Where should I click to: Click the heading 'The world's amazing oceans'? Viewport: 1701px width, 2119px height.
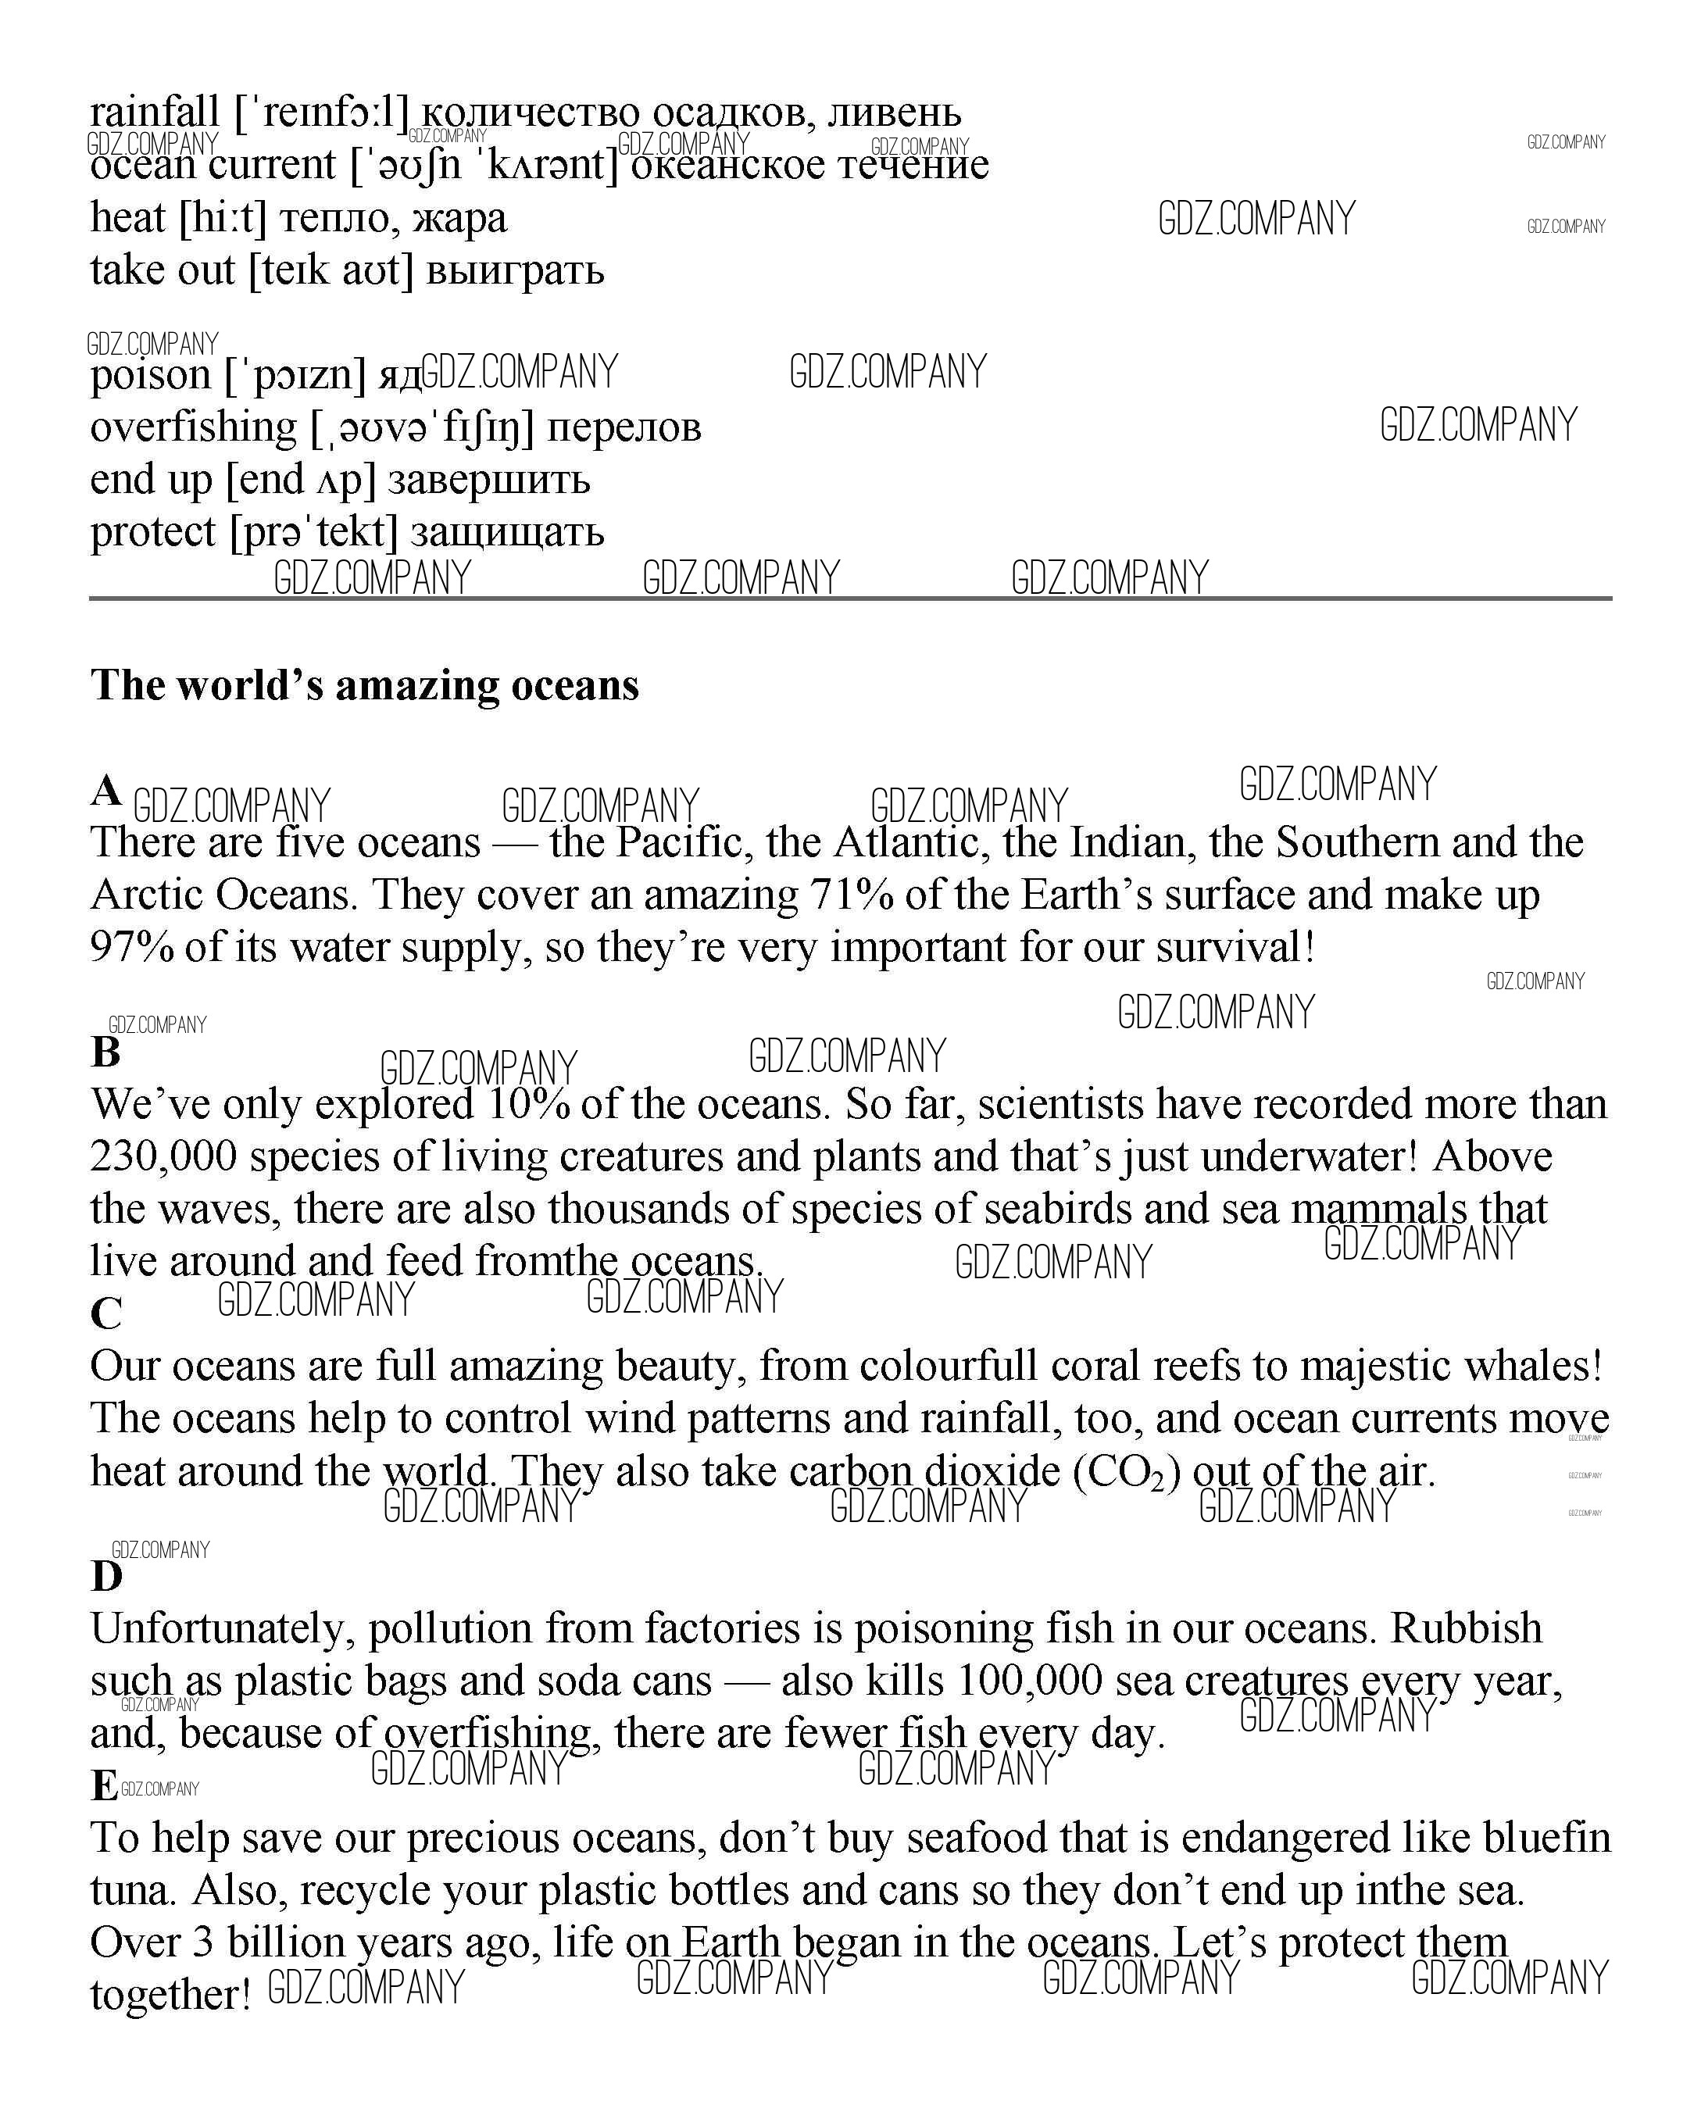click(x=365, y=685)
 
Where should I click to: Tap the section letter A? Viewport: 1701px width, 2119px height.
click(x=105, y=790)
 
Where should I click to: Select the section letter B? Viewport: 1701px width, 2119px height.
click(x=105, y=1052)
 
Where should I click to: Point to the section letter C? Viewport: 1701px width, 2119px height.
click(x=106, y=1314)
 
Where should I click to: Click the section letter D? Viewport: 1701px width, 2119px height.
click(x=106, y=1577)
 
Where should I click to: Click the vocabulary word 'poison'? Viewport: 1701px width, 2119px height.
click(x=150, y=374)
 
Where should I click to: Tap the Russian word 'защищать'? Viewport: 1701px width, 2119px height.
click(x=507, y=532)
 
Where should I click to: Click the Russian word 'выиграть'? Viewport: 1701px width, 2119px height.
click(x=515, y=270)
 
